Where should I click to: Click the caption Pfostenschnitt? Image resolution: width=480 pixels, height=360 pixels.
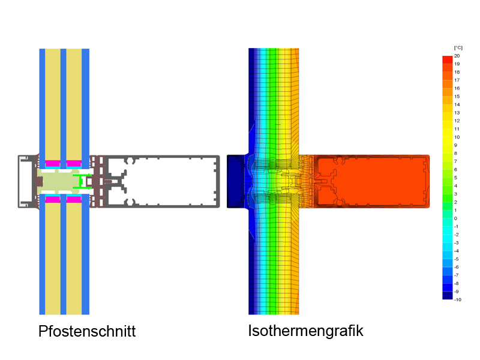[87, 331]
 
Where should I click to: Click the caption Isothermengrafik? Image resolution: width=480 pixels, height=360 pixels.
[305, 331]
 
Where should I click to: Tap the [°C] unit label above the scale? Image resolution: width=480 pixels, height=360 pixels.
[458, 47]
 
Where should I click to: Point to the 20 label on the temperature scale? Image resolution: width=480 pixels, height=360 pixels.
[457, 55]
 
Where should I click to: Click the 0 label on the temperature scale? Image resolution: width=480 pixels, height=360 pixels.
[455, 218]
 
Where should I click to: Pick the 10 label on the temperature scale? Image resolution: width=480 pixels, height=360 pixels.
[457, 137]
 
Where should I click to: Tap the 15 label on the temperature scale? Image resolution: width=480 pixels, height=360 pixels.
[457, 96]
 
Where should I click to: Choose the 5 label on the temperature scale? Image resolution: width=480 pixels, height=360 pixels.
[456, 177]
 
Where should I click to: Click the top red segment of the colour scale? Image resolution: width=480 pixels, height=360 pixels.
[447, 59]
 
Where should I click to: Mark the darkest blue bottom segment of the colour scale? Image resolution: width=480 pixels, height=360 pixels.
[447, 295]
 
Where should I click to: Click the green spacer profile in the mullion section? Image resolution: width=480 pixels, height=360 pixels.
[85, 181]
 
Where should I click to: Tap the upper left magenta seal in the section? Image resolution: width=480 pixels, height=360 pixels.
[53, 163]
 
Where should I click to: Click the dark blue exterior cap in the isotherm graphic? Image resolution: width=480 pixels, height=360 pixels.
[236, 181]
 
